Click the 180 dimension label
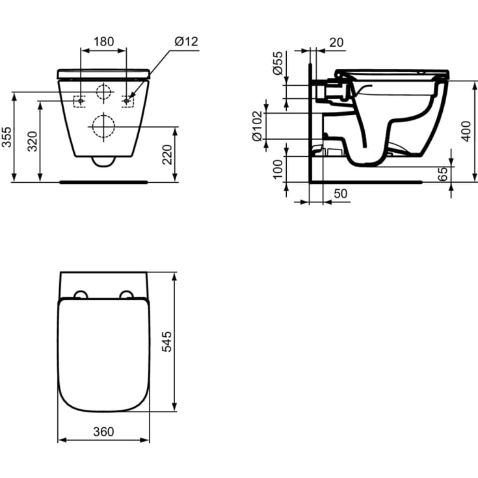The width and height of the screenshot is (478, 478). (x=103, y=42)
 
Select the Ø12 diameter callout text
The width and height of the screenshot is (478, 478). (x=186, y=42)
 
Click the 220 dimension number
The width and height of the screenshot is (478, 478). (x=168, y=154)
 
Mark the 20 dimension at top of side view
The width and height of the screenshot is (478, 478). (x=336, y=42)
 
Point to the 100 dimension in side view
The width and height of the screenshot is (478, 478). (x=278, y=169)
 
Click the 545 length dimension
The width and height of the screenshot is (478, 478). (x=166, y=342)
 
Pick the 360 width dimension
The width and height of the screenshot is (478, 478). (x=103, y=431)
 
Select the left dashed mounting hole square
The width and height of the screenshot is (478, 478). (x=80, y=101)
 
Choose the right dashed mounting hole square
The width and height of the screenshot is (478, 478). (x=127, y=101)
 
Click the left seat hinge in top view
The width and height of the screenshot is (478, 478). (x=81, y=295)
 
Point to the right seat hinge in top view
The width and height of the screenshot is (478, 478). (x=127, y=295)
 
